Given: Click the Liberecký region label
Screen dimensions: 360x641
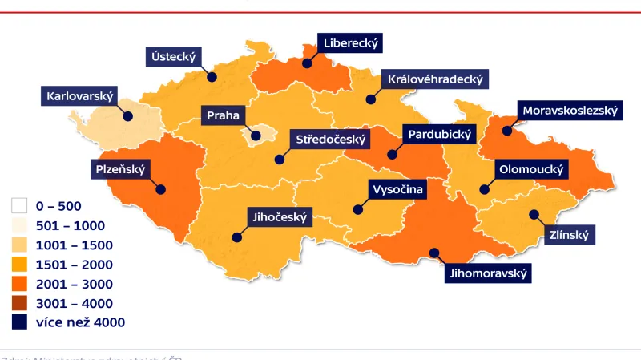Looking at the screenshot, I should (x=350, y=42).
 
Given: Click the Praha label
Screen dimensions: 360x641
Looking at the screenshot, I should (x=223, y=115).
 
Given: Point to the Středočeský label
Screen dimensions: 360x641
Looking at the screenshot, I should (x=330, y=140).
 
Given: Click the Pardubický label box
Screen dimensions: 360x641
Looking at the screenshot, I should (x=440, y=134).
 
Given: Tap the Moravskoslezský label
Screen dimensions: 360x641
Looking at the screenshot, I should (x=570, y=111).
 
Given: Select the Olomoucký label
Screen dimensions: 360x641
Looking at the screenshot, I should (x=532, y=170).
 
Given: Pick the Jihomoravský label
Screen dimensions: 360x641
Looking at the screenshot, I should (x=488, y=273).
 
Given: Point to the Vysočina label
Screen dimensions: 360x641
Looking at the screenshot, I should (x=397, y=189).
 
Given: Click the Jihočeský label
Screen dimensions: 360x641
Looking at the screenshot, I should (x=280, y=216).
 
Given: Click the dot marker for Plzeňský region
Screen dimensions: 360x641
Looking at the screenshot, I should (x=161, y=190).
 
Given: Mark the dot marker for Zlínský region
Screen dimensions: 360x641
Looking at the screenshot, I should (x=532, y=214).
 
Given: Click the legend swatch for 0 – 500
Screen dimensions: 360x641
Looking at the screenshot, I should (x=20, y=206).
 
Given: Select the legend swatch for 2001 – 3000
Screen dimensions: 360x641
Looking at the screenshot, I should (x=20, y=284).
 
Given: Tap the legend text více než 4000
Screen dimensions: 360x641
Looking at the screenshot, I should (x=80, y=322).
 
